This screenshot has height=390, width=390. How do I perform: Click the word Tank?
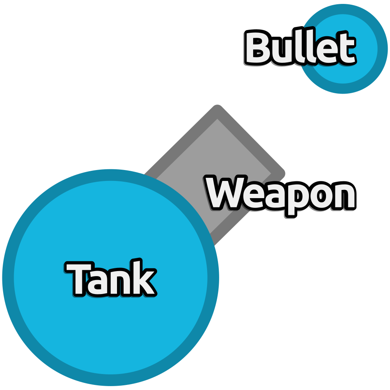111,278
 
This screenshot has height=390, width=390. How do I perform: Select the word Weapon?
280,196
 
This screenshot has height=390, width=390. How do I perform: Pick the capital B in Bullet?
258,47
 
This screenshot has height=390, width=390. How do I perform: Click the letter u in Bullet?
285,51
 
